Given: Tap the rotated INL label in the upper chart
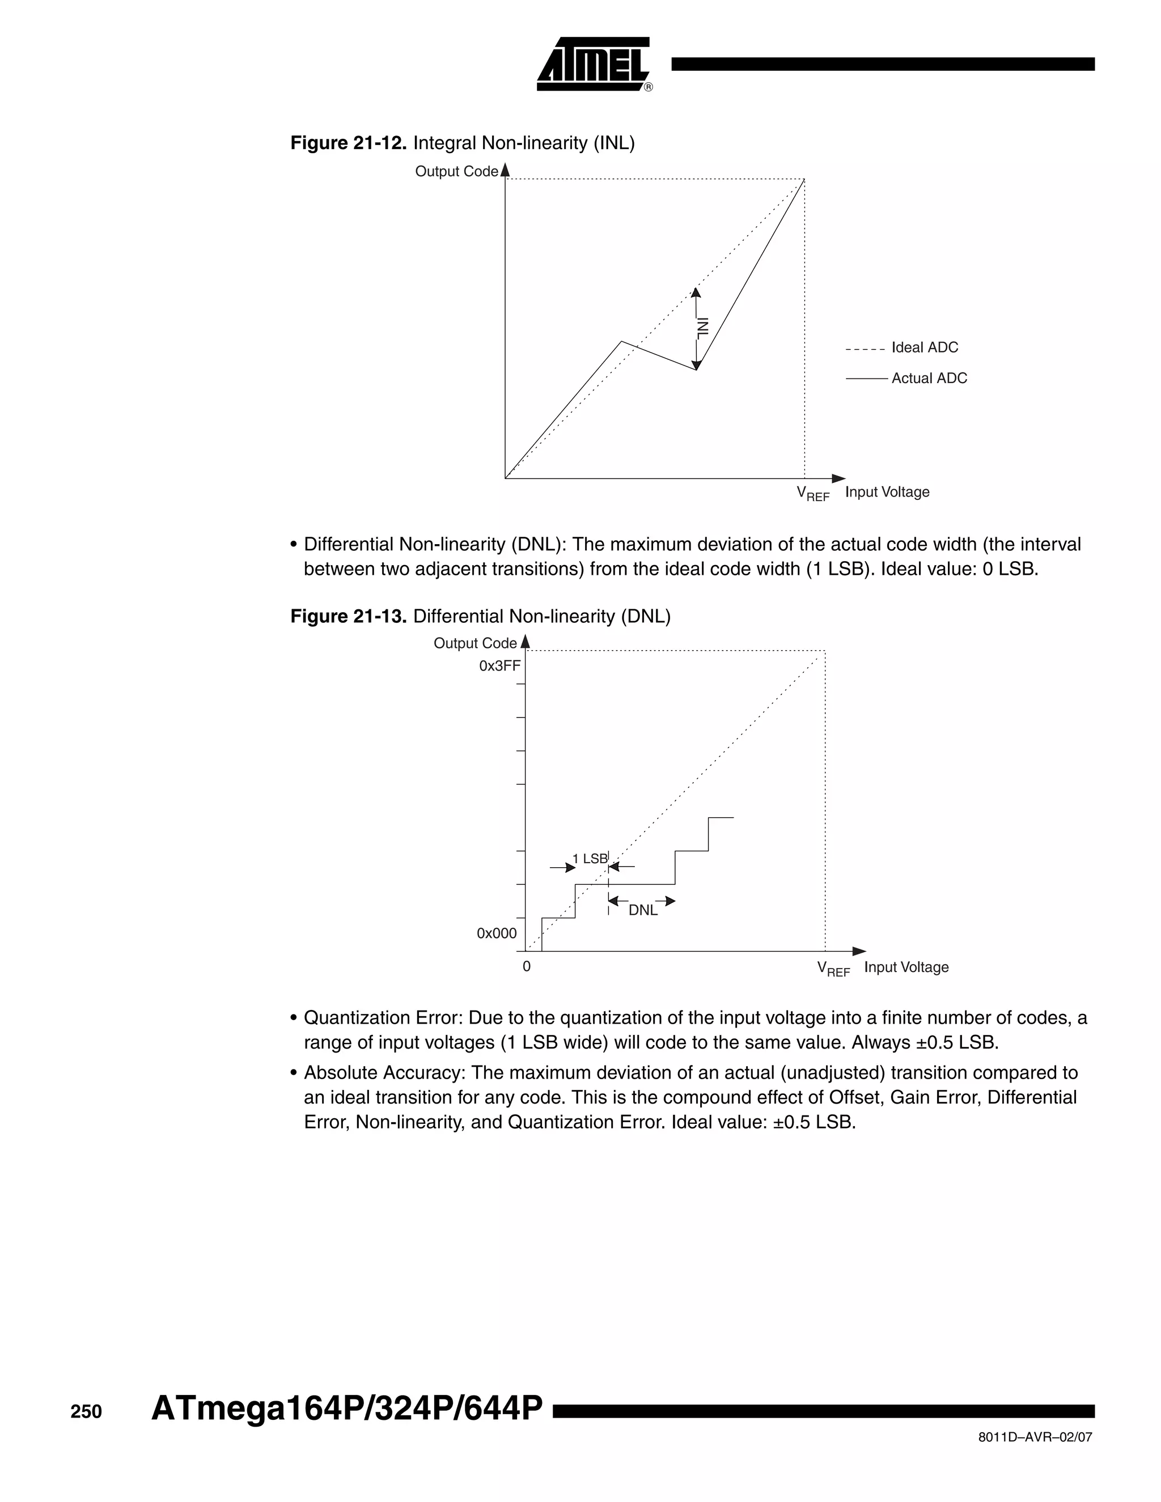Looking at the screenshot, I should coord(702,328).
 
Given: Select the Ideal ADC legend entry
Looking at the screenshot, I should coord(923,347).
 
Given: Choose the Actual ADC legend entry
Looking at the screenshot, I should coord(929,378).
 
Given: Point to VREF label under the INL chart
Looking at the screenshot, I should coord(812,493).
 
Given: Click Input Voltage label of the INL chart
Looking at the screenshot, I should coord(887,492).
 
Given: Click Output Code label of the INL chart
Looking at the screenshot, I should coord(455,171).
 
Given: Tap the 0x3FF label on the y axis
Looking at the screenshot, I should coord(499,666).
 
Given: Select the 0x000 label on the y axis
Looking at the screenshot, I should coord(497,934).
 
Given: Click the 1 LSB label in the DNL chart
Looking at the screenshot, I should coord(590,858).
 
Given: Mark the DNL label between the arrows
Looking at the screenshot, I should coord(642,911).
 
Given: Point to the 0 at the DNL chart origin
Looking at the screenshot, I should coord(526,966).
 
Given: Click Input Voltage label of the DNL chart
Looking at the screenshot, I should coord(906,967).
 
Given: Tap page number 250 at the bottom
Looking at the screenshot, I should coord(86,1412).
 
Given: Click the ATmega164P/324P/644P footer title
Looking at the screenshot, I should coord(346,1408).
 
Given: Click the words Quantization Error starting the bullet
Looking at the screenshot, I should coord(383,1018).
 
